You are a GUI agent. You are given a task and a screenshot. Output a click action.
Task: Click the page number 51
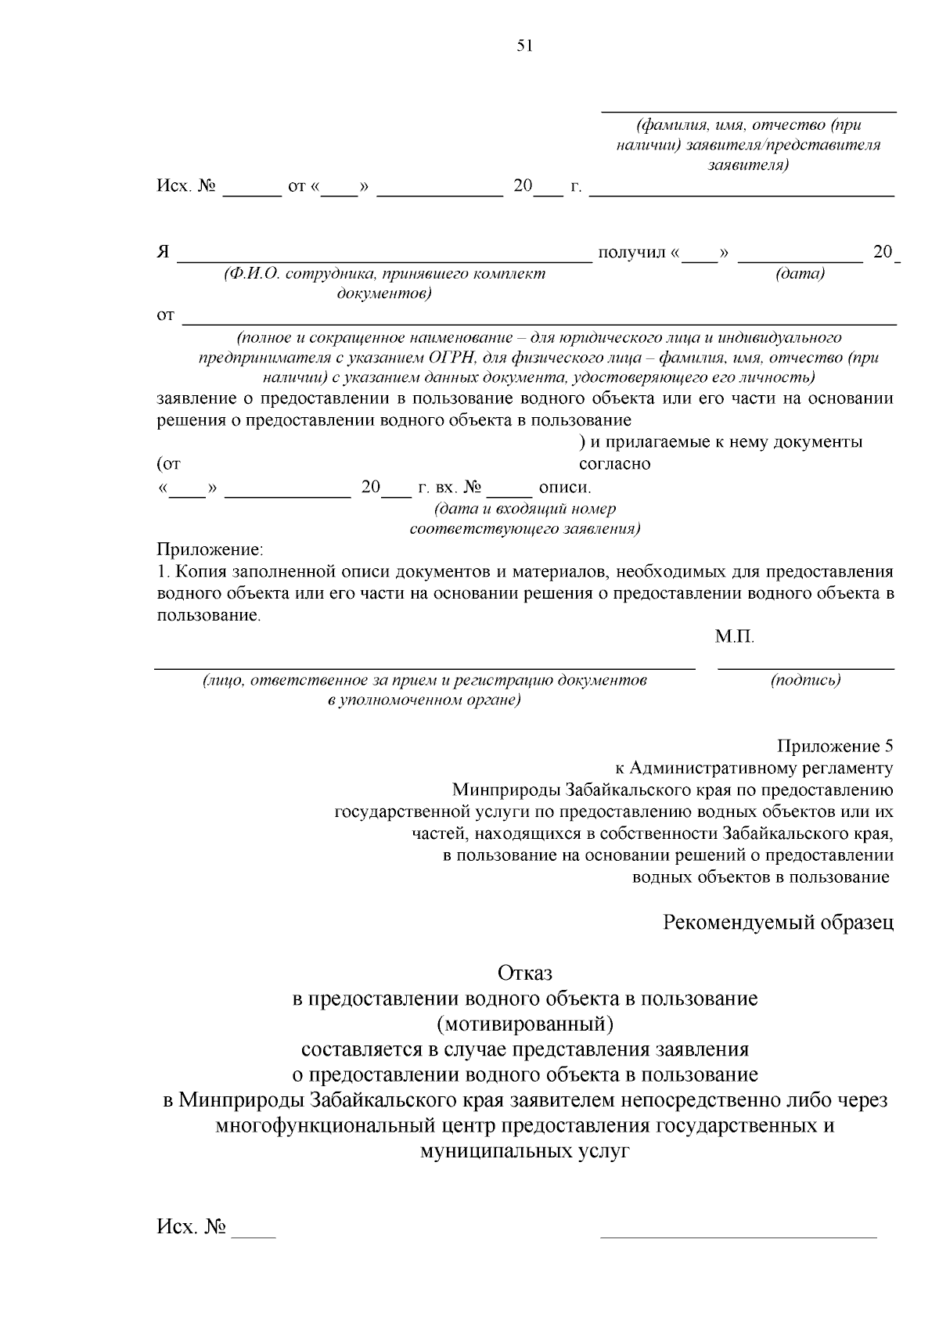tap(524, 46)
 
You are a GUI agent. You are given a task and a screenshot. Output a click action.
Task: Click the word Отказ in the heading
tap(524, 973)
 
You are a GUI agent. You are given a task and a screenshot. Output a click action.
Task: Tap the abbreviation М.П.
tap(734, 638)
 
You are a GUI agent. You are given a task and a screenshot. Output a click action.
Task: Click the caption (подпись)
tap(805, 680)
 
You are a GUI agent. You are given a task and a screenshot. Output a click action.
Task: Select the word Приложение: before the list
tap(210, 549)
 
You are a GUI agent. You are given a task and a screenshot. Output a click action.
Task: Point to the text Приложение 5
tap(834, 746)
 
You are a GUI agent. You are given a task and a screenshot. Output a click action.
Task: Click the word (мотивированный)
tap(524, 1024)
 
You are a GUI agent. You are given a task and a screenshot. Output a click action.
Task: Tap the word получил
tap(631, 253)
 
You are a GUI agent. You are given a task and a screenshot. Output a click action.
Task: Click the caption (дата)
tap(800, 274)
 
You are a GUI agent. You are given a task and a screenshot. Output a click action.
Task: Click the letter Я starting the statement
tap(164, 253)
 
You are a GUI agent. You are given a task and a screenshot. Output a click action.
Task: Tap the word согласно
tap(614, 464)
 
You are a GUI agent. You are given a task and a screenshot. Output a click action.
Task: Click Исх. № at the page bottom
tap(192, 1226)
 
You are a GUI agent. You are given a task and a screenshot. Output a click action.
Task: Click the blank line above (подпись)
tap(805, 668)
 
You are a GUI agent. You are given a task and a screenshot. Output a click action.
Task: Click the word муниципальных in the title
tap(485, 1151)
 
